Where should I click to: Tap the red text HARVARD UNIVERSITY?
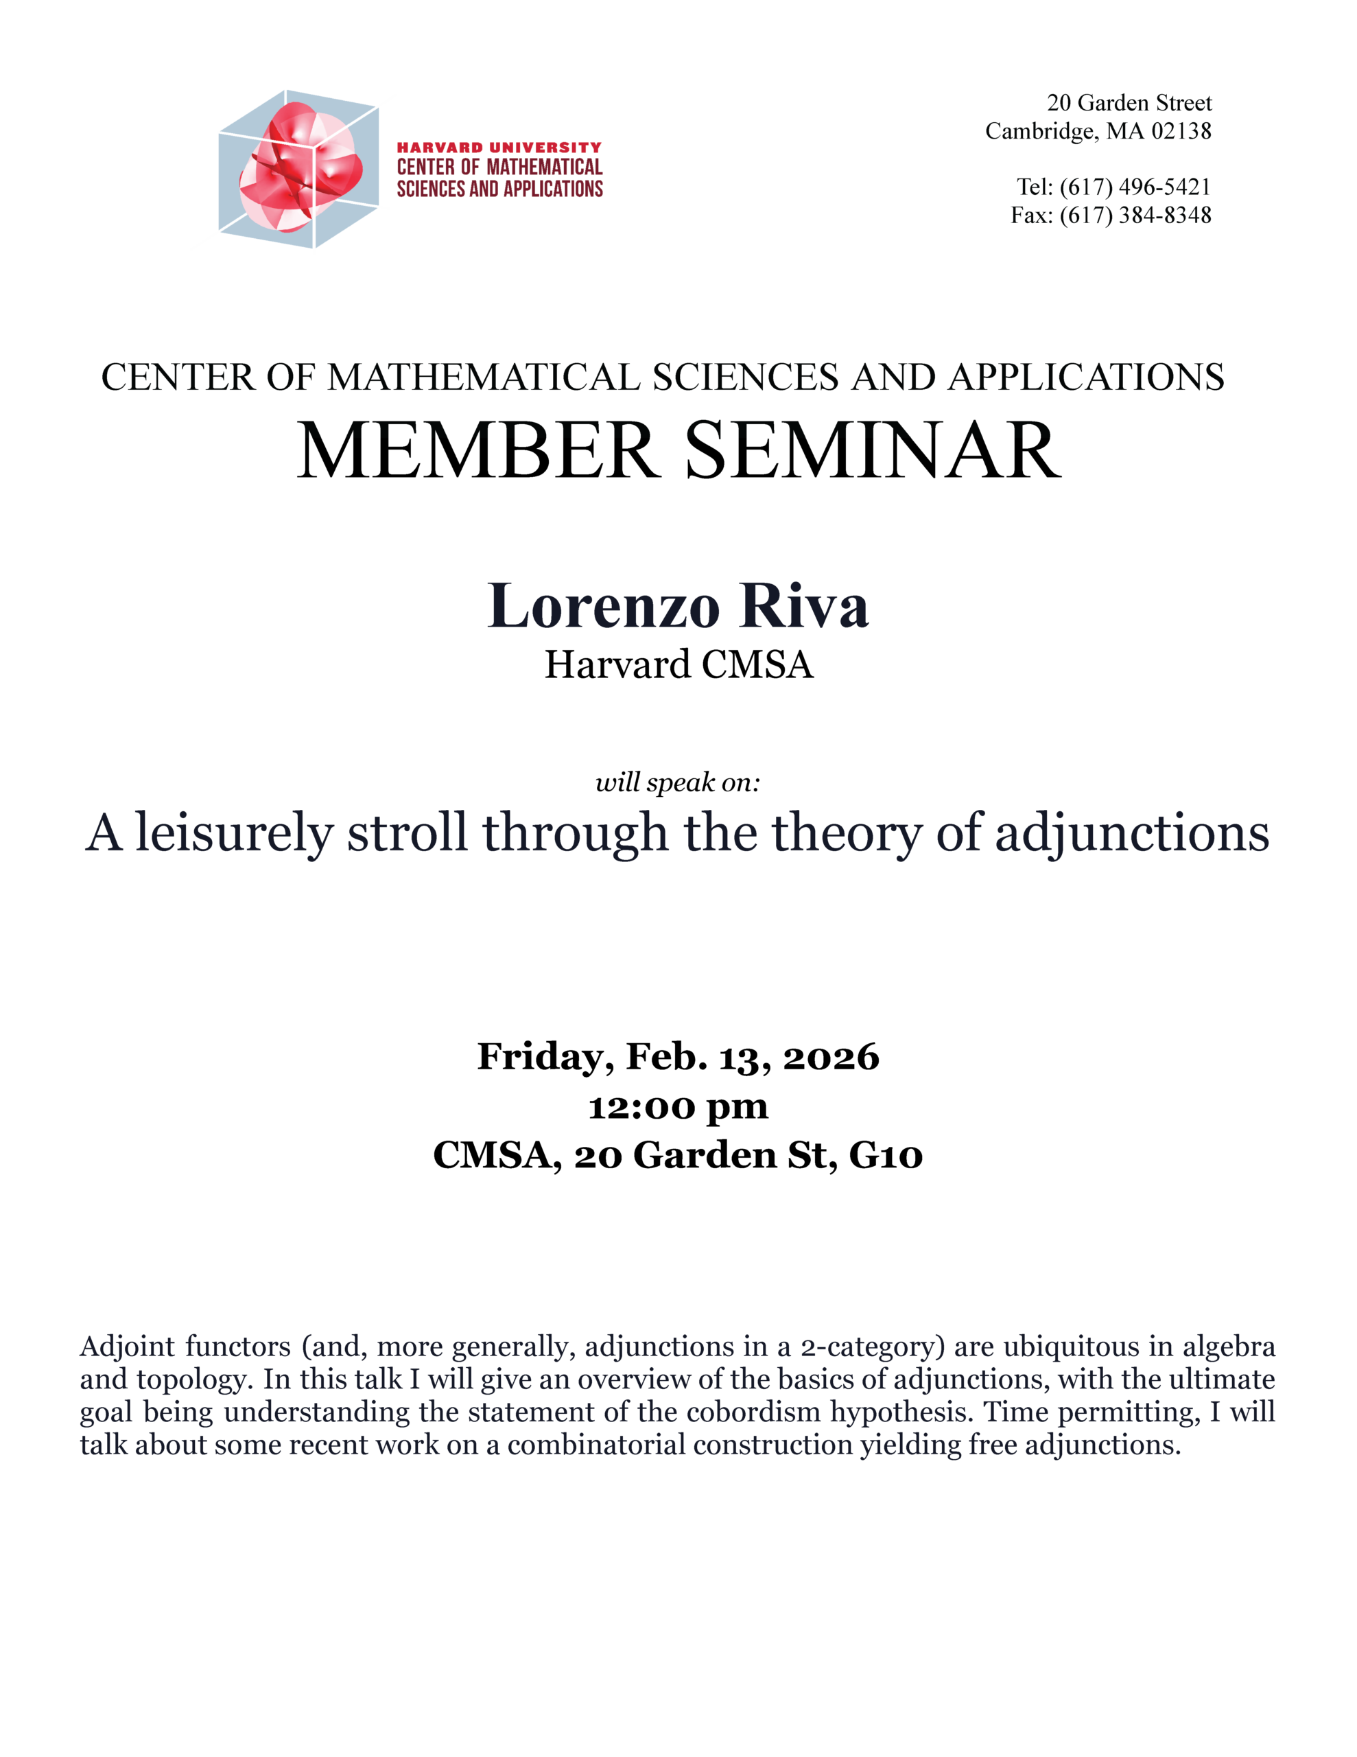(499, 148)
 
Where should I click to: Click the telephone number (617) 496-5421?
(1134, 187)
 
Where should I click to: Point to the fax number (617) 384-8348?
(1134, 215)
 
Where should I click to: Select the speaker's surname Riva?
(804, 606)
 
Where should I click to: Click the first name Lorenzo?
(603, 606)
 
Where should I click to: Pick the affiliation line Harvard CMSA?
(678, 664)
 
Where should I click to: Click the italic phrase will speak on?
(677, 782)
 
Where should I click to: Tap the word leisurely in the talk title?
(233, 833)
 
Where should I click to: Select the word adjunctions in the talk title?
(1132, 833)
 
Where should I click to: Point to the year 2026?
(831, 1057)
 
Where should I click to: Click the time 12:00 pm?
(678, 1107)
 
